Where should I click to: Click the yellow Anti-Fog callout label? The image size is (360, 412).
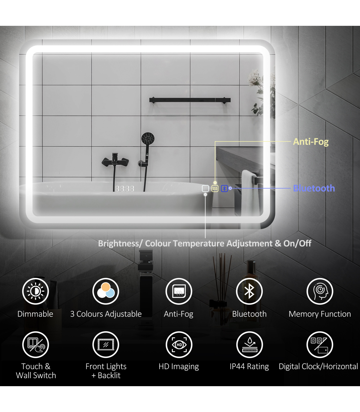(x=311, y=141)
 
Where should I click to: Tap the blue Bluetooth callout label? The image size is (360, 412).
(x=314, y=188)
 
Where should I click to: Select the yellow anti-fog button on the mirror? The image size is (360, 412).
(x=215, y=189)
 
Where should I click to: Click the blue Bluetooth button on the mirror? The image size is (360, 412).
(x=224, y=189)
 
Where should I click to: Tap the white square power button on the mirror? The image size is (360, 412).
(x=205, y=189)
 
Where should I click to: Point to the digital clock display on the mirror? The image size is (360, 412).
(x=124, y=189)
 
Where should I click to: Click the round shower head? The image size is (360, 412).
(x=148, y=138)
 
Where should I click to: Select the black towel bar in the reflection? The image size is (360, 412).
(x=190, y=100)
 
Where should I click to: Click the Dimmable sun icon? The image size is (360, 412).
(x=35, y=291)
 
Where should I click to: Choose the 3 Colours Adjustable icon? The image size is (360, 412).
(x=106, y=291)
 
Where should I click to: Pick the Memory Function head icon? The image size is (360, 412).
(x=320, y=291)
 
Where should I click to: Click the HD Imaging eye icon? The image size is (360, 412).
(x=179, y=344)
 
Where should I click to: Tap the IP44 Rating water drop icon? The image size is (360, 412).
(x=249, y=344)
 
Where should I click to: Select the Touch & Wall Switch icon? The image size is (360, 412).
(x=35, y=344)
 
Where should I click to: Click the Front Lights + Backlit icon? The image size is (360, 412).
(x=106, y=344)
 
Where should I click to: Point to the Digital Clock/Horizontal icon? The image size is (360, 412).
(x=320, y=344)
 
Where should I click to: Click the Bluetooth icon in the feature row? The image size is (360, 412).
(x=249, y=291)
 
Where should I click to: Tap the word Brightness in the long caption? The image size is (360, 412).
(x=118, y=244)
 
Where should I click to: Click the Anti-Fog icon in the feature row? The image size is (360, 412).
(x=179, y=291)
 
